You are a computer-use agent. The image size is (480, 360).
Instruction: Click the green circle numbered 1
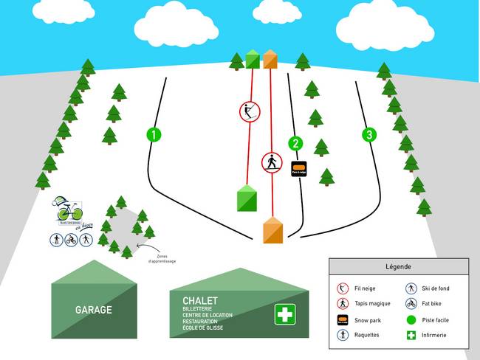click(154, 134)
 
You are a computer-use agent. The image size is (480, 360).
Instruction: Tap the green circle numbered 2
click(296, 144)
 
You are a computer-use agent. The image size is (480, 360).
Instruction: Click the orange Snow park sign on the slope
click(299, 169)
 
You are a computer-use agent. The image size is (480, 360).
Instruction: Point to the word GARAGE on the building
click(93, 310)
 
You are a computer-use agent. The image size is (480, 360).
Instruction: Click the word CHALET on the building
click(199, 300)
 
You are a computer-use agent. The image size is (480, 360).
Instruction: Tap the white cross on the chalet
click(284, 314)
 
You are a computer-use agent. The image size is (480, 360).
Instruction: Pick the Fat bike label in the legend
click(435, 303)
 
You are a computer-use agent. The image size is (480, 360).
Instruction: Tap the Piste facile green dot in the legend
click(411, 320)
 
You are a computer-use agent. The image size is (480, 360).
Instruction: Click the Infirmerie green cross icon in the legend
click(411, 335)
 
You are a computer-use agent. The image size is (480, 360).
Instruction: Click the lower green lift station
click(247, 199)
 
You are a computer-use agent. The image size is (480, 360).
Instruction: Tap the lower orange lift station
click(273, 230)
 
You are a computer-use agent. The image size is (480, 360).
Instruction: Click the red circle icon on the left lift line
click(250, 112)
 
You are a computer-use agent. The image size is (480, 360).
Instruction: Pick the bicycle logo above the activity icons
click(69, 211)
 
